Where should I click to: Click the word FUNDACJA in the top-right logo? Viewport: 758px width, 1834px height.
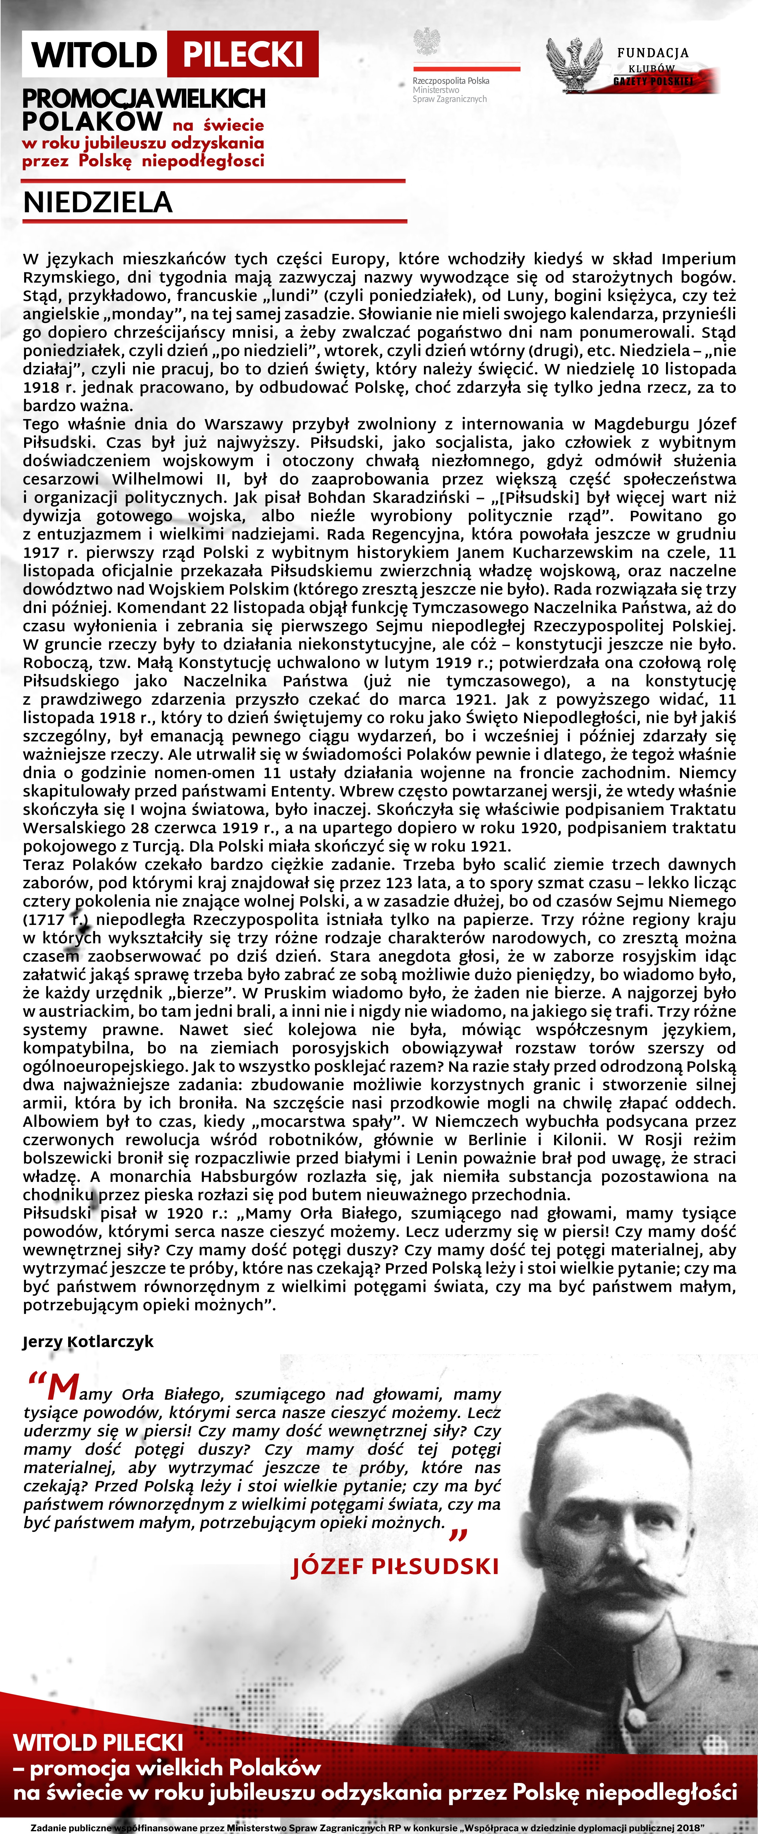653,53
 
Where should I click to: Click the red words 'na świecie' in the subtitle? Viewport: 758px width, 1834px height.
218,125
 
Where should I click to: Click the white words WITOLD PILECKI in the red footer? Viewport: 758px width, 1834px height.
98,1742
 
